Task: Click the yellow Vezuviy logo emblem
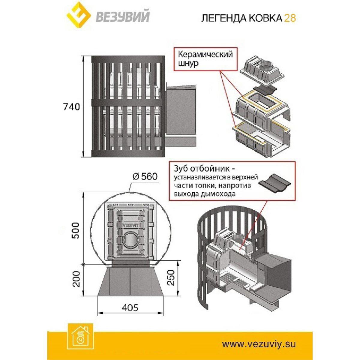click(x=79, y=15)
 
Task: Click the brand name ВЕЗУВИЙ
click(x=123, y=16)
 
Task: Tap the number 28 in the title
click(x=290, y=18)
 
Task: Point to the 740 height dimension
click(x=71, y=107)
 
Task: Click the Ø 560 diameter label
click(x=145, y=176)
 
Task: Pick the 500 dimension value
click(x=76, y=230)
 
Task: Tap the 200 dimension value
click(x=76, y=279)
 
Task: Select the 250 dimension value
click(x=171, y=277)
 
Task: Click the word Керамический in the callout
click(x=205, y=55)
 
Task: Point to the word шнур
click(x=188, y=64)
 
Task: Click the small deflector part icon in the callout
click(x=274, y=183)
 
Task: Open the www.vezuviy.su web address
click(x=259, y=343)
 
